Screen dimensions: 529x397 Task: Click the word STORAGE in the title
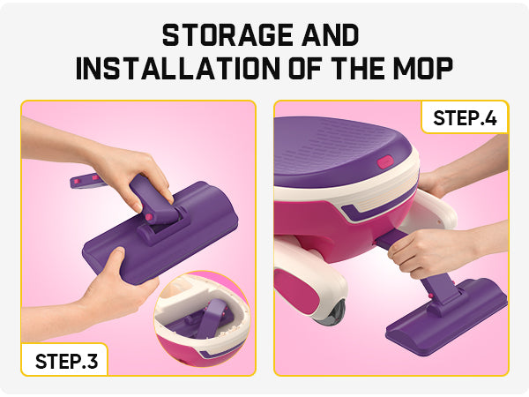coord(227,35)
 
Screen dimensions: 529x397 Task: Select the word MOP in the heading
coord(423,69)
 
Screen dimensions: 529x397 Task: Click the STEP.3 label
coord(66,361)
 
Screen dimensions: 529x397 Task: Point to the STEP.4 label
coord(465,118)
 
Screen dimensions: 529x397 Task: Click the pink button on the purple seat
coord(384,162)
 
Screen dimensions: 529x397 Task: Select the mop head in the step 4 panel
coord(447,316)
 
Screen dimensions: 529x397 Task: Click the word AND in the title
coord(331,35)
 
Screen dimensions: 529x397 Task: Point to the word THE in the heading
coord(359,69)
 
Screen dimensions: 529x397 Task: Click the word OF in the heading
coord(308,69)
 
